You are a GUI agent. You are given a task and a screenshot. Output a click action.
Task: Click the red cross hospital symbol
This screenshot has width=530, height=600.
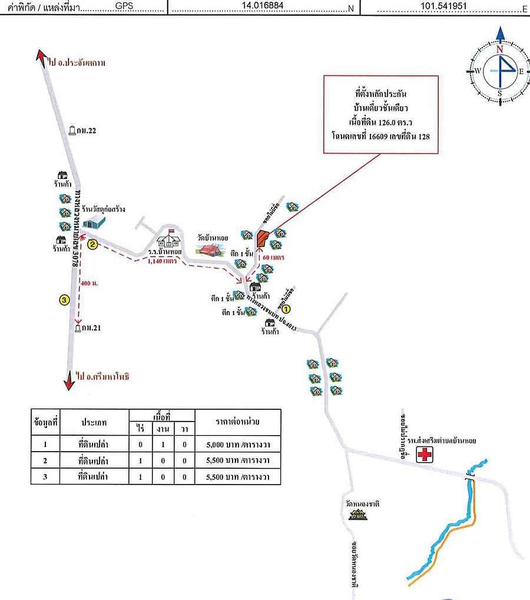pyautogui.click(x=423, y=454)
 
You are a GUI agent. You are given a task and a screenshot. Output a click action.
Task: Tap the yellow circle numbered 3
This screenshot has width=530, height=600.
pyautogui.click(x=65, y=300)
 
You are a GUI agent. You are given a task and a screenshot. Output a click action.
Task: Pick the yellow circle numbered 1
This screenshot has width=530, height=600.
pyautogui.click(x=286, y=307)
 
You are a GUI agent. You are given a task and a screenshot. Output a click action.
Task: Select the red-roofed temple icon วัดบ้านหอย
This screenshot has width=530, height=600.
pyautogui.click(x=211, y=250)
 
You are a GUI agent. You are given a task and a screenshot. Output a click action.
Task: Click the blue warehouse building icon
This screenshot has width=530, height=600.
pyautogui.click(x=94, y=222)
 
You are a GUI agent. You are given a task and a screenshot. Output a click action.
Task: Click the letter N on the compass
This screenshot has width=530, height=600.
pyautogui.click(x=500, y=50)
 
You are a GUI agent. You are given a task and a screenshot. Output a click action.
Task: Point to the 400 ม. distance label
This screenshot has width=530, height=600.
pyautogui.click(x=90, y=283)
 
